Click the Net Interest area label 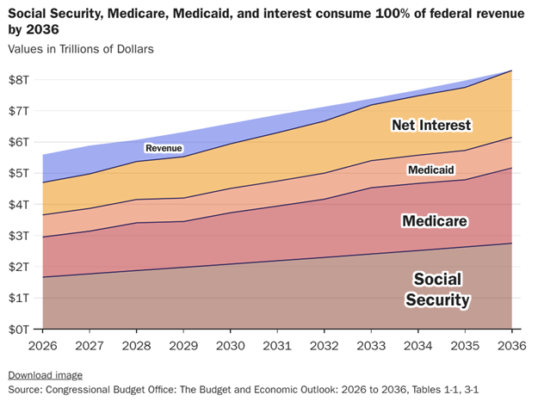pyautogui.click(x=431, y=126)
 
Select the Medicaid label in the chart pyautogui.click(x=431, y=170)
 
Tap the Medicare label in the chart pyautogui.click(x=435, y=221)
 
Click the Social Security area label pyautogui.click(x=437, y=290)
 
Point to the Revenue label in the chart pyautogui.click(x=164, y=149)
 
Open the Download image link pyautogui.click(x=46, y=375)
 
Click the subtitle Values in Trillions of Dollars pyautogui.click(x=81, y=49)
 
